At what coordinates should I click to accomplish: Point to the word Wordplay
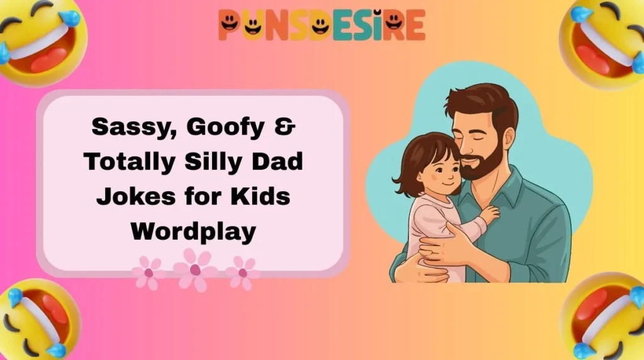(193, 232)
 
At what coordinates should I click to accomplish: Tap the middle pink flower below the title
(195, 269)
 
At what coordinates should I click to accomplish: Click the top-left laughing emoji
(39, 38)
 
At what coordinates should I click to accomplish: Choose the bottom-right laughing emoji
(606, 318)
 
